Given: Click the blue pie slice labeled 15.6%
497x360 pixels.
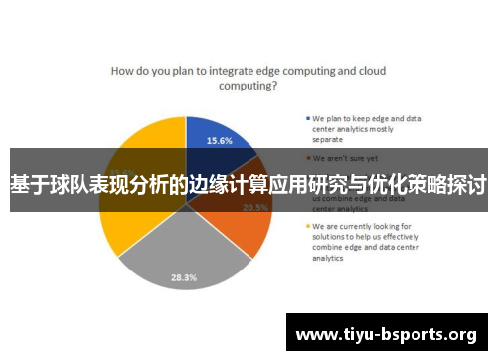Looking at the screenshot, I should click(214, 139).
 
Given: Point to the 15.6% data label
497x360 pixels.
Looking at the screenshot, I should click(220, 141).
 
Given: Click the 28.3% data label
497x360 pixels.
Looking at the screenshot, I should click(183, 277).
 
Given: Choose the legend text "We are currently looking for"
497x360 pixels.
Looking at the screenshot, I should click(362, 226).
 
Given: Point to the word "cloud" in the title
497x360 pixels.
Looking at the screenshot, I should click(371, 71).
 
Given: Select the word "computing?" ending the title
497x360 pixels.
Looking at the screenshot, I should click(248, 87).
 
